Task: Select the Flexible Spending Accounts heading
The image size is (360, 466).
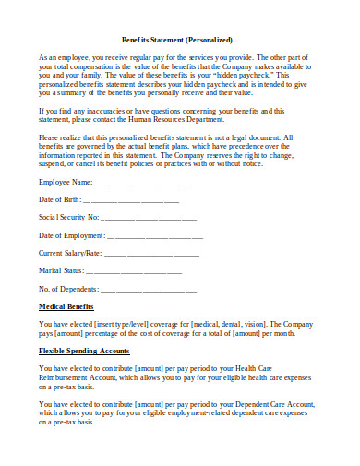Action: [x=83, y=351]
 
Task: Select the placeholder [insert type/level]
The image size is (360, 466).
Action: [x=127, y=324]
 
